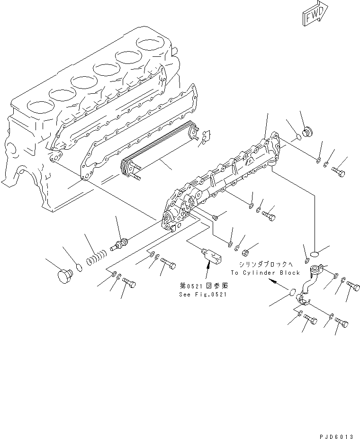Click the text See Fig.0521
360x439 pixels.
coord(203,294)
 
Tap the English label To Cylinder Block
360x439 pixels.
coord(265,273)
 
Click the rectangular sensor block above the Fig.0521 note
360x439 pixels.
coord(211,256)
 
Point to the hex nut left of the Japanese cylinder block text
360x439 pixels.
coord(246,251)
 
